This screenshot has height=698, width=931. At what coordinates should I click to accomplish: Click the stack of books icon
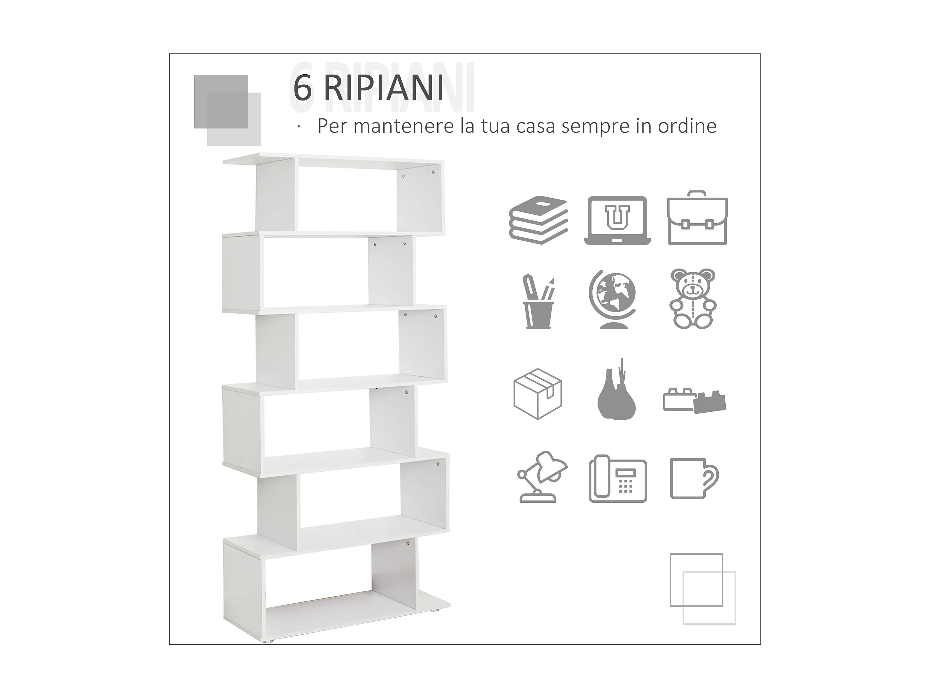pos(539,220)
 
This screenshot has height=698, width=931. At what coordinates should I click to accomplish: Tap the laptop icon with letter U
pos(617,220)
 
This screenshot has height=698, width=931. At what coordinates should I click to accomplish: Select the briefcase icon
pos(697,218)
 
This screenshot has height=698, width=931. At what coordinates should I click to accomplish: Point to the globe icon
pos(612,299)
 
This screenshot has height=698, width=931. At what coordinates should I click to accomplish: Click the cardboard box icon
pos(538,394)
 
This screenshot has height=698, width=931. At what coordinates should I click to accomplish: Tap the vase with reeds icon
pos(616,390)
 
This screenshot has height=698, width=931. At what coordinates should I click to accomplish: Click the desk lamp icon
pos(542,477)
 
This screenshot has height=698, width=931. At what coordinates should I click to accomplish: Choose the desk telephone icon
pos(617,479)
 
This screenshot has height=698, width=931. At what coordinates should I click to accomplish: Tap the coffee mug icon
pos(694,479)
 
